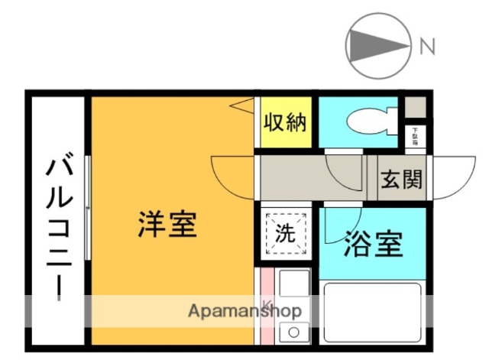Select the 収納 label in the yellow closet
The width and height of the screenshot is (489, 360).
click(285, 122)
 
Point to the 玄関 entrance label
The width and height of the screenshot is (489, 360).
click(401, 180)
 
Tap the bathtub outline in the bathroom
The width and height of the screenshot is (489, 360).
click(373, 313)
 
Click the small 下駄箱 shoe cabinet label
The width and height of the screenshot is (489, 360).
click(416, 136)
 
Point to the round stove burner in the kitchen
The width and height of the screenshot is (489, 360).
click(292, 332)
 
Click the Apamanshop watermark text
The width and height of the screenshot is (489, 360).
click(245, 311)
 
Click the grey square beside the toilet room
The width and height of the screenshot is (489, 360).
click(415, 105)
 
